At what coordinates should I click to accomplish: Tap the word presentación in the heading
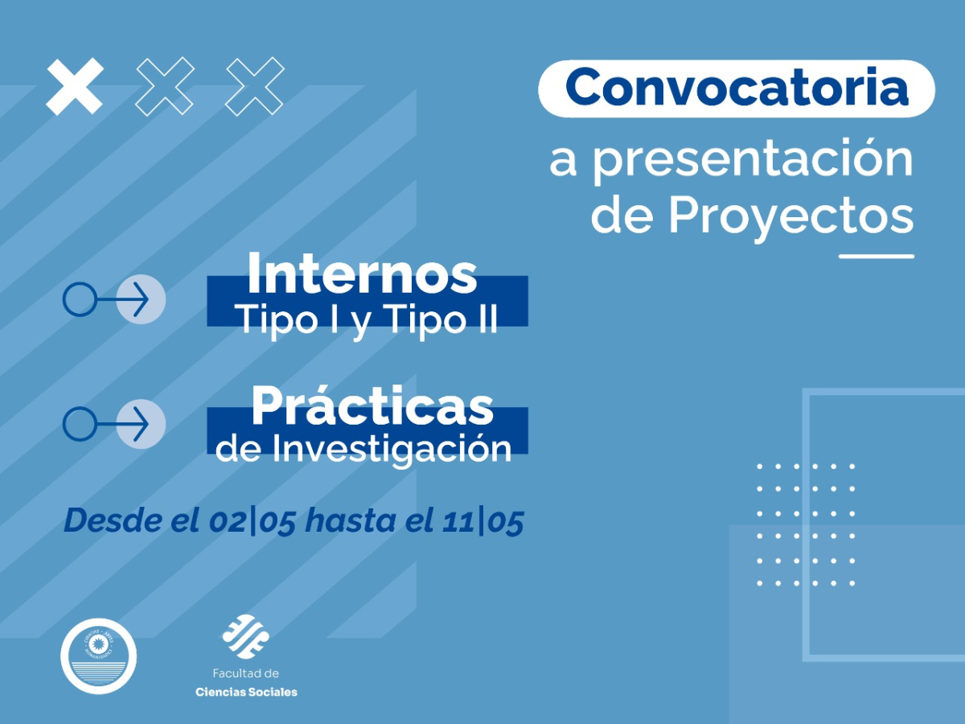tap(753, 160)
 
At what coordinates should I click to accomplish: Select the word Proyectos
tap(790, 215)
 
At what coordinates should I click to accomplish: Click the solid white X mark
tap(75, 86)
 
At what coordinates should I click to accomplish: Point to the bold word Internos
tap(362, 274)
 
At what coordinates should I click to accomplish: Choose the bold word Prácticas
tap(372, 406)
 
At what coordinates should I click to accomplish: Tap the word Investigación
tap(392, 448)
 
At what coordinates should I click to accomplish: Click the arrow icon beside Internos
tap(114, 300)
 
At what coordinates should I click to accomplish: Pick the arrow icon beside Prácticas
tap(114, 423)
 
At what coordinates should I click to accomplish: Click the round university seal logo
tap(99, 655)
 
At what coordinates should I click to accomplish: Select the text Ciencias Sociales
tap(246, 692)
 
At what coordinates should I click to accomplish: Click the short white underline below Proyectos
tap(876, 257)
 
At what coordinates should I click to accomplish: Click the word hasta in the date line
tap(344, 520)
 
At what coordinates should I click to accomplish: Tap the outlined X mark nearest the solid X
tap(165, 86)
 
